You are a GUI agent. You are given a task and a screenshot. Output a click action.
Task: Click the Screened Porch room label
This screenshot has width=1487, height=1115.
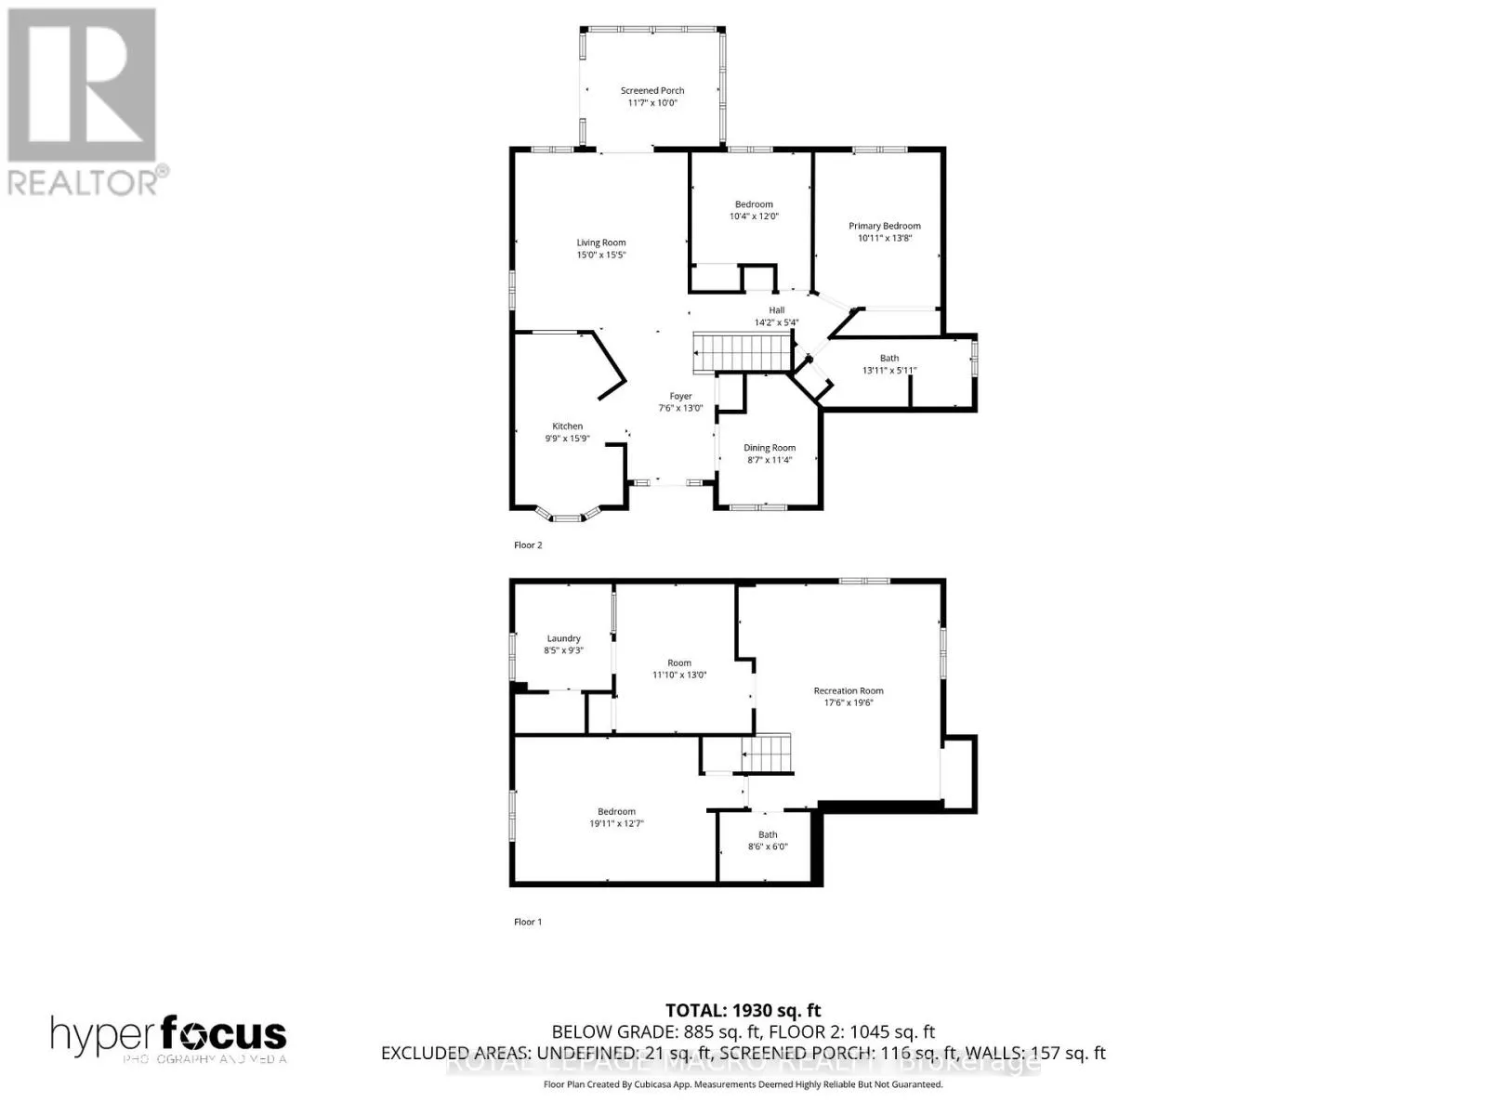coord(652,91)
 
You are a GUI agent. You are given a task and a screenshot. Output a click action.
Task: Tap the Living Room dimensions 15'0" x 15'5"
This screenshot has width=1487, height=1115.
coord(601,255)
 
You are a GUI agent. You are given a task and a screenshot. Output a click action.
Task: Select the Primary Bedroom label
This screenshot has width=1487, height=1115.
coord(884,226)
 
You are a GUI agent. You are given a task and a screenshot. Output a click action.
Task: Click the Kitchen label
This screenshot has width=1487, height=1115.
coord(567,426)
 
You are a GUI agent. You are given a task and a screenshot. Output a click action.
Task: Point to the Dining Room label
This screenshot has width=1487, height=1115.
coord(770,448)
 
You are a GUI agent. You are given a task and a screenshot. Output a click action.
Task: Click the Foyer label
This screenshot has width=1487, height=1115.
coord(680,397)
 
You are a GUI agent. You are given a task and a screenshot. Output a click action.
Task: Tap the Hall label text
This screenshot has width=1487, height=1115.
coord(776,310)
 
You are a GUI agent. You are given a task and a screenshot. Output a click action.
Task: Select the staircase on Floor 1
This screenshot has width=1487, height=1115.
coord(766,753)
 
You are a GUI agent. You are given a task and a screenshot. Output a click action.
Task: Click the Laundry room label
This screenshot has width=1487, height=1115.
coord(563,638)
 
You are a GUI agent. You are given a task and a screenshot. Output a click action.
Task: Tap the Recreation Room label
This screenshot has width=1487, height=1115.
coord(848,691)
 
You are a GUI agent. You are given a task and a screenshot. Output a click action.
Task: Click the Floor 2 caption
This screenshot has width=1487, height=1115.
coord(528,545)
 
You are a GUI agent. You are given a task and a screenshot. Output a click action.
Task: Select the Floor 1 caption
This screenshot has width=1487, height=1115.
coord(528,922)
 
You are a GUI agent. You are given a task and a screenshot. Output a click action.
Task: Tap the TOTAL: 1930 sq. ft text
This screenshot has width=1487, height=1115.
coord(743,1010)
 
